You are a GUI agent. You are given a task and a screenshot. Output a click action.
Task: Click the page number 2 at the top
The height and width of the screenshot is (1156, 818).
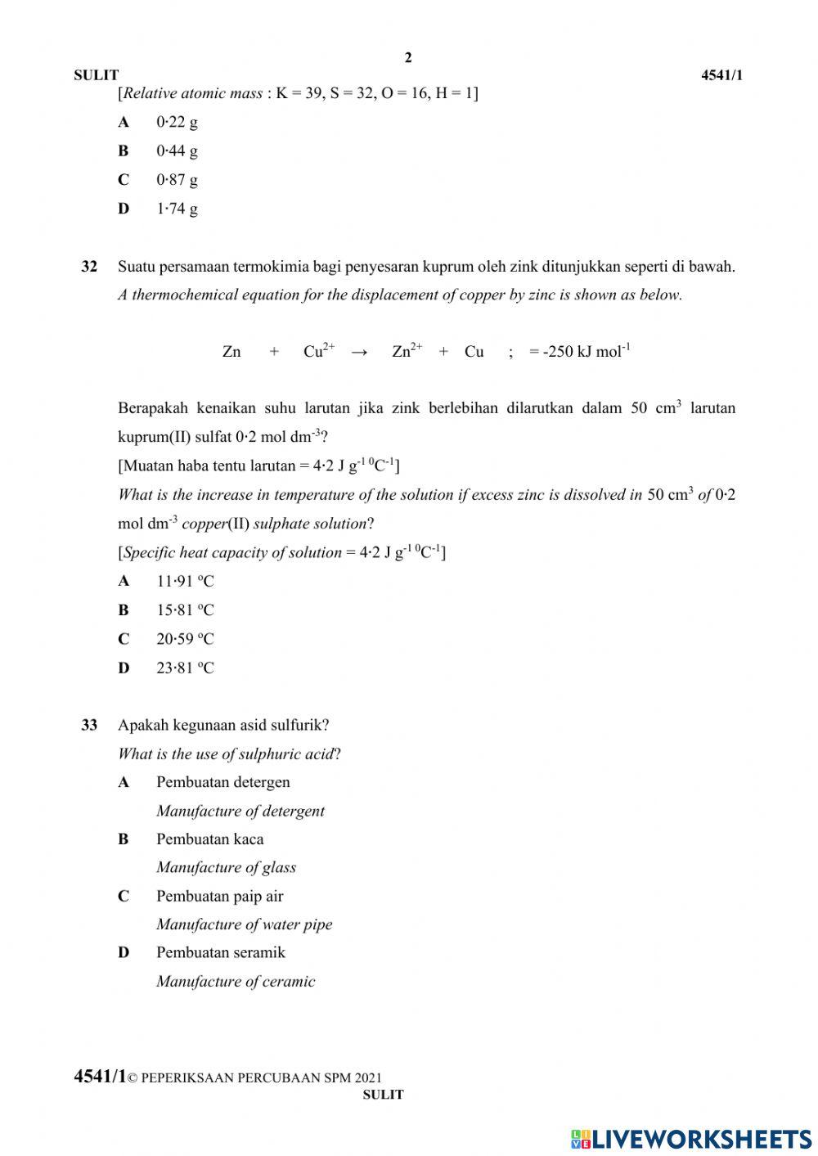click(408, 57)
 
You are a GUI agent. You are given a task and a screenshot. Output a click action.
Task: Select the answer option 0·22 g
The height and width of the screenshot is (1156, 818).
click(177, 122)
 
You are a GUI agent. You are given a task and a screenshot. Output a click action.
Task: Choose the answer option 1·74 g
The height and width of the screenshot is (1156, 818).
click(177, 209)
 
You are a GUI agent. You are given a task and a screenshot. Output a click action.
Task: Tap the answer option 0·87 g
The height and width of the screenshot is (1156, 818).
click(177, 179)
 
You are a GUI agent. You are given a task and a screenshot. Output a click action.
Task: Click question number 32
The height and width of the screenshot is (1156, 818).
click(89, 267)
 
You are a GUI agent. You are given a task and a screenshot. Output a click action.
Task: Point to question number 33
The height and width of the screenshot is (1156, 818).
click(89, 725)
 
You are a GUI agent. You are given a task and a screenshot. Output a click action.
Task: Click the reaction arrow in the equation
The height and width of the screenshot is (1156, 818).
click(359, 353)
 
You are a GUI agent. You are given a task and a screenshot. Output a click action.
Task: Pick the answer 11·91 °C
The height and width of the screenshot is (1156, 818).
click(185, 582)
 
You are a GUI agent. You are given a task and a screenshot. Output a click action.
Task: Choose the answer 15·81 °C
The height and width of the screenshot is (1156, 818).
click(185, 610)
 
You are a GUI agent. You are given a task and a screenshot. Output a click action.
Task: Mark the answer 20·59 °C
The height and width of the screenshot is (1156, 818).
click(185, 639)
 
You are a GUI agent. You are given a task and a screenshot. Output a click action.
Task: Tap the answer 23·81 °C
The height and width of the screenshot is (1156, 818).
click(185, 668)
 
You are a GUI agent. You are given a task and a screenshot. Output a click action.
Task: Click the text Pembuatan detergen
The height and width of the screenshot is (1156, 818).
click(223, 782)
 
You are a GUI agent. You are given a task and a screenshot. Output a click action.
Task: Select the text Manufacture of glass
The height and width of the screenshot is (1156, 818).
click(226, 867)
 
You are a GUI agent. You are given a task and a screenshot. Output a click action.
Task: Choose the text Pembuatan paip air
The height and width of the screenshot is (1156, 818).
click(219, 896)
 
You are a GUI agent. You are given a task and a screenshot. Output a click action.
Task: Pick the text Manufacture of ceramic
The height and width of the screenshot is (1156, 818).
click(236, 982)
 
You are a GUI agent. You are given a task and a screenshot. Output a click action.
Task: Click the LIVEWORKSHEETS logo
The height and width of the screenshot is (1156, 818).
click(691, 1138)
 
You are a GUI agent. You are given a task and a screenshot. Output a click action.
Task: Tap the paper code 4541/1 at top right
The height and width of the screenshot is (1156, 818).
click(721, 75)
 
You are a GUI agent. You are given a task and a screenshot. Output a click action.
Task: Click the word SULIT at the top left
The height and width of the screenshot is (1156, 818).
click(96, 75)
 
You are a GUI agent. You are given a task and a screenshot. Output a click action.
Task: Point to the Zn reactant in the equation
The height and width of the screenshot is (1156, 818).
click(231, 352)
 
